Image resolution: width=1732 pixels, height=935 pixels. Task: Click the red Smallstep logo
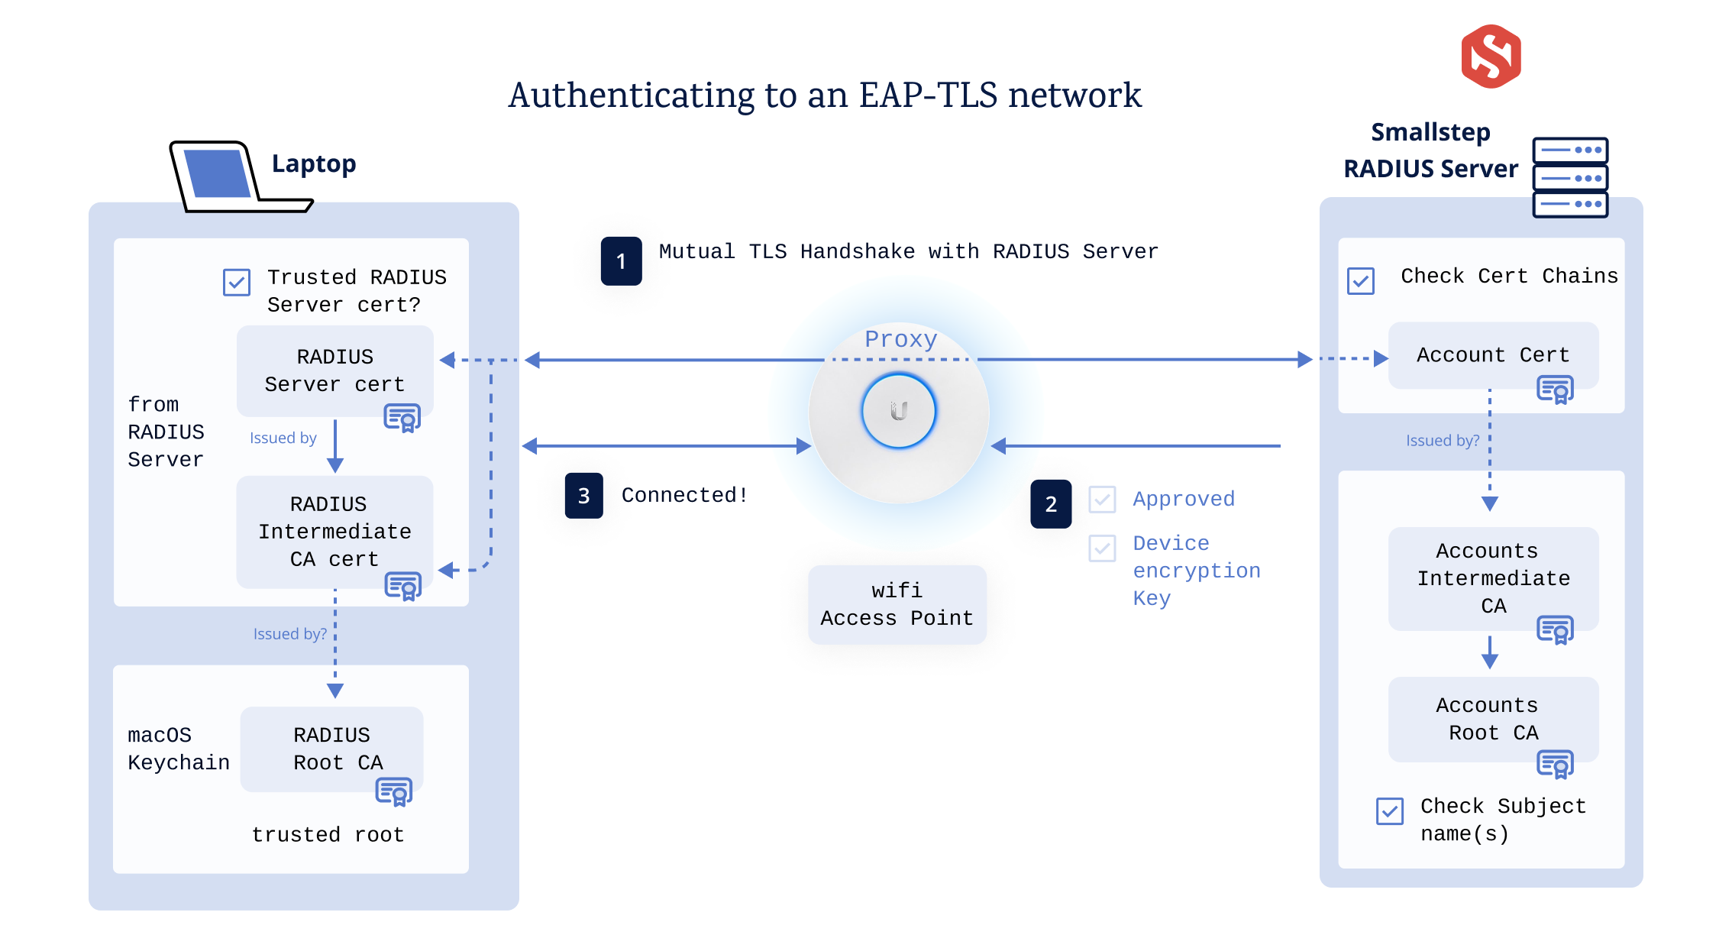click(x=1490, y=57)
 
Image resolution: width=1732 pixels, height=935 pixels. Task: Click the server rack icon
click(x=1570, y=178)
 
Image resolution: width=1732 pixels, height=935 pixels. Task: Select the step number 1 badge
click(x=621, y=261)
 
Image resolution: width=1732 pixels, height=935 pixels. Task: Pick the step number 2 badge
click(x=1051, y=504)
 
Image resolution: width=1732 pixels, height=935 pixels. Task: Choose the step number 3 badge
click(x=583, y=496)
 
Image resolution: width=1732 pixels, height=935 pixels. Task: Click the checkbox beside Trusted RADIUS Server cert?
click(x=237, y=282)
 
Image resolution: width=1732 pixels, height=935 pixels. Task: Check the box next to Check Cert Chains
click(x=1360, y=281)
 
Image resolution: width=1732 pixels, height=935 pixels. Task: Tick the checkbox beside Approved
click(x=1102, y=500)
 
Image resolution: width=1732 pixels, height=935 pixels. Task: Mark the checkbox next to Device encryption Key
click(x=1102, y=548)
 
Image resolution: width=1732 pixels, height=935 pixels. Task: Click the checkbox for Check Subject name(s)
click(x=1389, y=810)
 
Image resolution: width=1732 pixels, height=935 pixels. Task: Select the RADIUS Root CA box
click(x=331, y=749)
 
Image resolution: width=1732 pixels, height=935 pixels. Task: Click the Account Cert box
click(x=1492, y=355)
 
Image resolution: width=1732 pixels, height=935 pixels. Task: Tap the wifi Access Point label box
click(x=897, y=604)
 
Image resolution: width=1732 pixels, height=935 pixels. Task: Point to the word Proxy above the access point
click(x=900, y=339)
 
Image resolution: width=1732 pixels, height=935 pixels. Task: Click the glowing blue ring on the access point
click(x=899, y=411)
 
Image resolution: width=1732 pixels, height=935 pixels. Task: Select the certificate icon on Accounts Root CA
click(x=1555, y=764)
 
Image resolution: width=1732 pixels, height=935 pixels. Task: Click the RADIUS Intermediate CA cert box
click(x=334, y=532)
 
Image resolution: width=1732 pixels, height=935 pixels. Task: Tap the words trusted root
click(x=328, y=834)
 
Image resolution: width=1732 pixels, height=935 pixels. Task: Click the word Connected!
click(x=684, y=495)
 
